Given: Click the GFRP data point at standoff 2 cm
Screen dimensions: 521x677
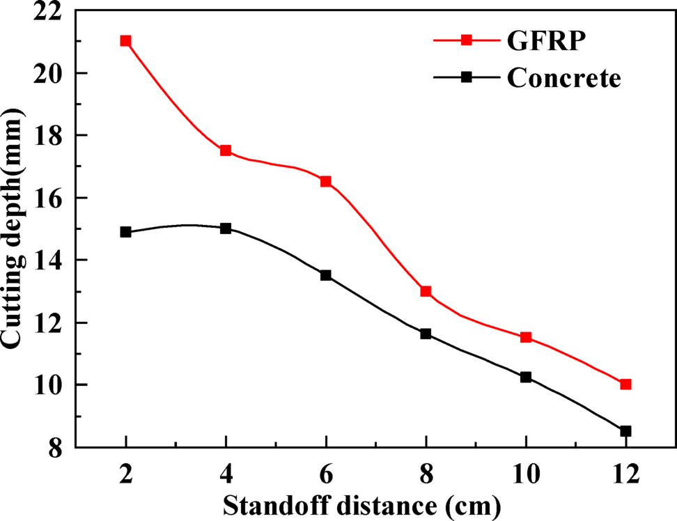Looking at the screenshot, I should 125,41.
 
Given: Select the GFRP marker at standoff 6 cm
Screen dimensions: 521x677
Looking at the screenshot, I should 325,182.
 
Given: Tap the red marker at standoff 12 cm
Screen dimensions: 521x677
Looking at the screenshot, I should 625,384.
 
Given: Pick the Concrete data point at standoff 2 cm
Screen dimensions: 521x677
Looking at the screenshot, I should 125,232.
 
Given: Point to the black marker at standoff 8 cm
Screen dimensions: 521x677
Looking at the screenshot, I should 426,334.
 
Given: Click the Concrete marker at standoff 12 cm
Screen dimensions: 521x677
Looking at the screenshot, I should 625,431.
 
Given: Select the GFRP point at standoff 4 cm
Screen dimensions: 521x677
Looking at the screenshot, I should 226,150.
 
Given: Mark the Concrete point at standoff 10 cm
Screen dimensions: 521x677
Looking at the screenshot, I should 526,377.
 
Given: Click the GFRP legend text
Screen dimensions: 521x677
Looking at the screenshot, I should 545,41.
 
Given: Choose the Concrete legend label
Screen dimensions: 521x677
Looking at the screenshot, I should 563,78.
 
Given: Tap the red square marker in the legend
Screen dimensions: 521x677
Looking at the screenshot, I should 468,41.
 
